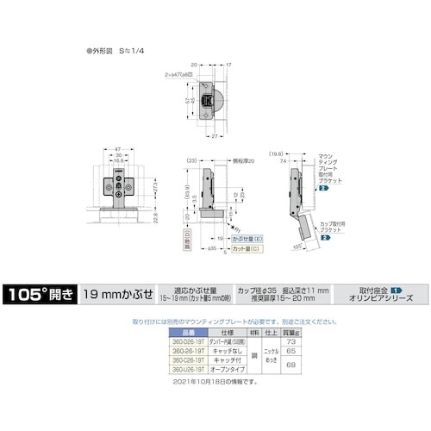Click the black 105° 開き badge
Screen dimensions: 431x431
40,292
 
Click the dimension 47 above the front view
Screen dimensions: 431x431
116,148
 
